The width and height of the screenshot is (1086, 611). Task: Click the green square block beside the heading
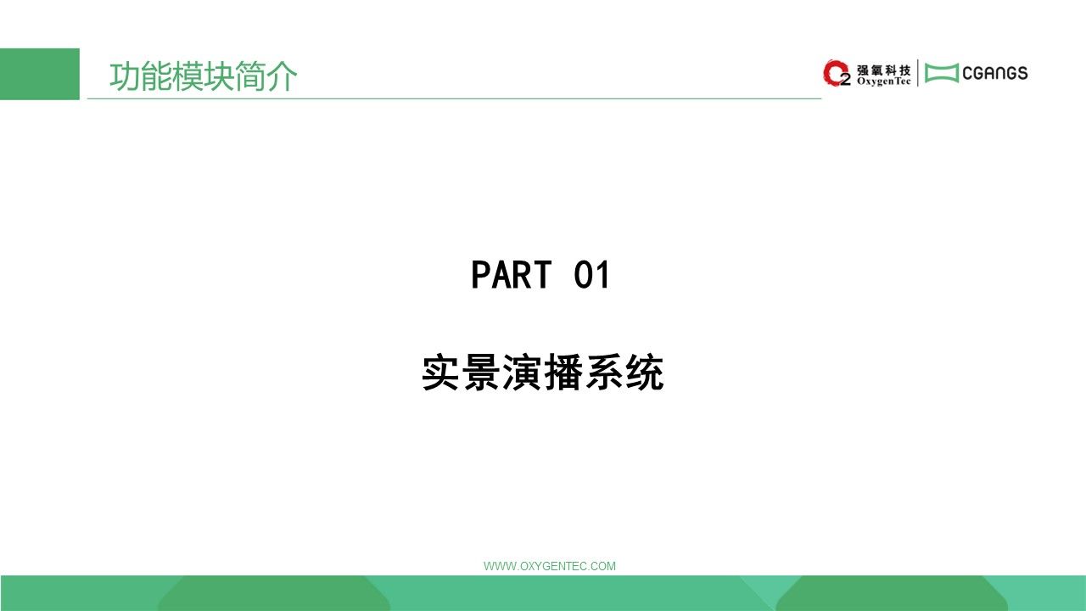click(x=40, y=74)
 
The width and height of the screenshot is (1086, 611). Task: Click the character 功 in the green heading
click(x=125, y=76)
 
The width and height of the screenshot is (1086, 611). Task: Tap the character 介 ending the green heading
click(x=282, y=76)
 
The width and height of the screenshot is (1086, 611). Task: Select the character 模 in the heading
click(x=188, y=76)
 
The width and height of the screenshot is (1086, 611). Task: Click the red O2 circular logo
click(x=837, y=73)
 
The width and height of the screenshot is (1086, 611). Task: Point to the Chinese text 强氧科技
click(x=883, y=70)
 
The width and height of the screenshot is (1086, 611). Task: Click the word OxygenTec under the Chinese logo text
click(x=883, y=81)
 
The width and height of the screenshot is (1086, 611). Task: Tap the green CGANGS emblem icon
click(x=942, y=73)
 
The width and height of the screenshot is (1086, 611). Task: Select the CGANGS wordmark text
click(x=995, y=73)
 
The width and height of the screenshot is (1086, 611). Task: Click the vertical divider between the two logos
click(x=917, y=73)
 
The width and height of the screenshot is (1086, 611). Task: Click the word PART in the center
click(x=512, y=275)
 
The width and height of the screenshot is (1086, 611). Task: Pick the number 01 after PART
click(x=591, y=275)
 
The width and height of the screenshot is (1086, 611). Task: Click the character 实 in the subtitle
click(x=440, y=373)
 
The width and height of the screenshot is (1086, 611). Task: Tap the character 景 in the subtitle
click(x=481, y=373)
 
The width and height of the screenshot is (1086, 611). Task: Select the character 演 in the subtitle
click(x=522, y=373)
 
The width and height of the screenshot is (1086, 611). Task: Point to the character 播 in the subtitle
click(x=563, y=373)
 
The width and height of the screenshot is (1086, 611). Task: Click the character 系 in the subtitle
click(x=603, y=373)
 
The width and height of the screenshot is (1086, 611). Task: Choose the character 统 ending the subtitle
click(x=644, y=373)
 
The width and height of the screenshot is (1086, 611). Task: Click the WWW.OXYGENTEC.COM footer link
click(x=550, y=566)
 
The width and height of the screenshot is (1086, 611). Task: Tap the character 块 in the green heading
click(x=219, y=76)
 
